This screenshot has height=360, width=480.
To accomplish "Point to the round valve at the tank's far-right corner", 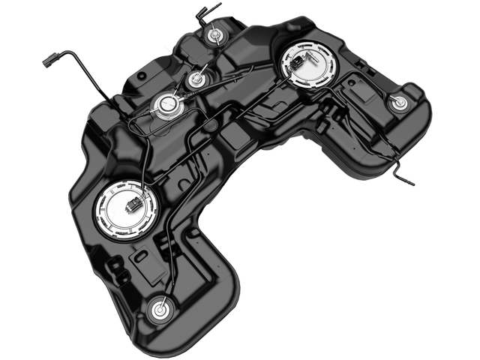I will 399,103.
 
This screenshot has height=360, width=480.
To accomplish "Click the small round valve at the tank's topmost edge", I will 215,34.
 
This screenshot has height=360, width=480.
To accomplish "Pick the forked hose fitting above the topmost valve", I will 200,12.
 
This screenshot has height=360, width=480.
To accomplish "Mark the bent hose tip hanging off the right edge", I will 408,181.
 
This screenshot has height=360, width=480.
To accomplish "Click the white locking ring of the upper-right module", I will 286,71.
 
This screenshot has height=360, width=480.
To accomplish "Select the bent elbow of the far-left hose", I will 78,52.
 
